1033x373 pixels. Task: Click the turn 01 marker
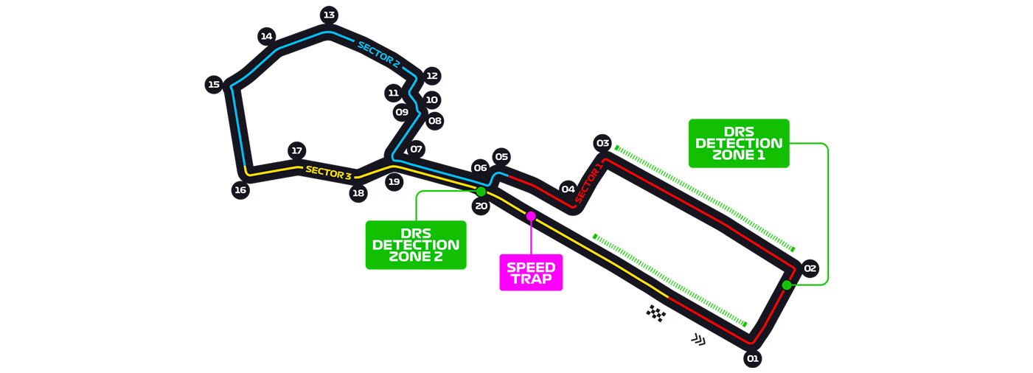(752, 359)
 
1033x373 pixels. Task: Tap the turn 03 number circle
(602, 142)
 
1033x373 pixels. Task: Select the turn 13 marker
(329, 15)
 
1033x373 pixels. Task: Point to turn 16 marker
(240, 190)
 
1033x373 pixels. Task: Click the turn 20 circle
(481, 206)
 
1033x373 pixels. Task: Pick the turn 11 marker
(394, 93)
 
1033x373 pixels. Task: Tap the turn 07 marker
(417, 149)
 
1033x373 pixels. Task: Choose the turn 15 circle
(214, 85)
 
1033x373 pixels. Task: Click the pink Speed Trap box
(531, 273)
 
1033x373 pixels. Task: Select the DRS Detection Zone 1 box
(739, 143)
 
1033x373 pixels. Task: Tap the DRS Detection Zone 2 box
(416, 245)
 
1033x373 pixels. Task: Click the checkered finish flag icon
(655, 313)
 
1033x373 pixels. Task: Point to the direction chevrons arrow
(698, 339)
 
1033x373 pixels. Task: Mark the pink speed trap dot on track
(531, 215)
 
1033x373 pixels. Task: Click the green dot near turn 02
(787, 285)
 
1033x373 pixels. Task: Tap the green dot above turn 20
(481, 192)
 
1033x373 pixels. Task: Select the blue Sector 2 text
(378, 55)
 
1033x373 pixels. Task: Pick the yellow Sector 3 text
(328, 173)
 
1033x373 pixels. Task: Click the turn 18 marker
(358, 194)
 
